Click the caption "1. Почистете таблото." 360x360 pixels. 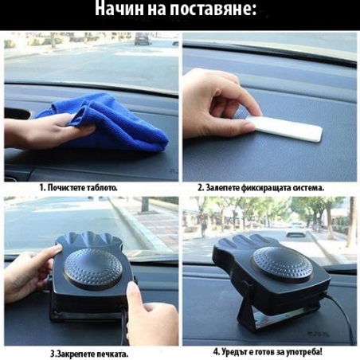pyautogui.click(x=78, y=187)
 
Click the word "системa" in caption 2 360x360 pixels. pyautogui.click(x=307, y=187)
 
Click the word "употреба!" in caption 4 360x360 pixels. pyautogui.click(x=311, y=350)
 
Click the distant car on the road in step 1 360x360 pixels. pyautogui.click(x=142, y=39)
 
